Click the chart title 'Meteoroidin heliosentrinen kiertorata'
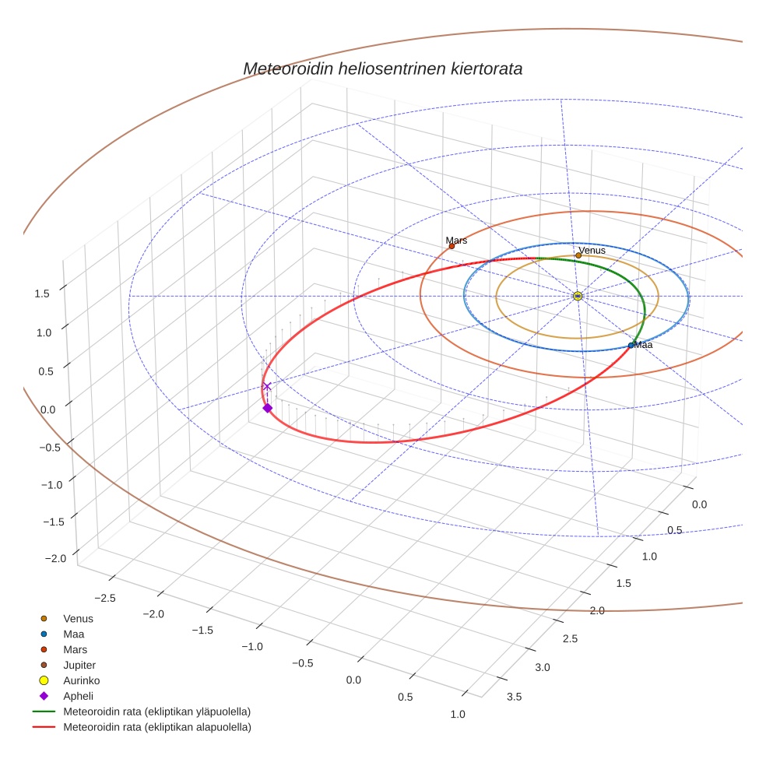coord(382,69)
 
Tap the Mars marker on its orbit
coord(452,246)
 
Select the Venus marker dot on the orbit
coord(578,255)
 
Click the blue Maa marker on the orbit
coord(631,345)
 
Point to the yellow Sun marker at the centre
coord(578,296)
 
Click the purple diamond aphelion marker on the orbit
coord(267,408)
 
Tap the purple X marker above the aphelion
coord(267,386)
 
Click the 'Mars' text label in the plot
coord(456,241)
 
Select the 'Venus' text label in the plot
coord(592,250)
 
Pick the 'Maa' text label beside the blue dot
coord(643,344)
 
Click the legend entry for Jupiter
coord(79,665)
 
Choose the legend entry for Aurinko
coord(81,680)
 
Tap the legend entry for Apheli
coord(77,696)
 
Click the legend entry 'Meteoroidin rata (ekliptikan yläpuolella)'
coord(156,712)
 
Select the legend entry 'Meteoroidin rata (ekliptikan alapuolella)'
coord(156,727)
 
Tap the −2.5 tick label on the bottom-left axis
coord(104,598)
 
